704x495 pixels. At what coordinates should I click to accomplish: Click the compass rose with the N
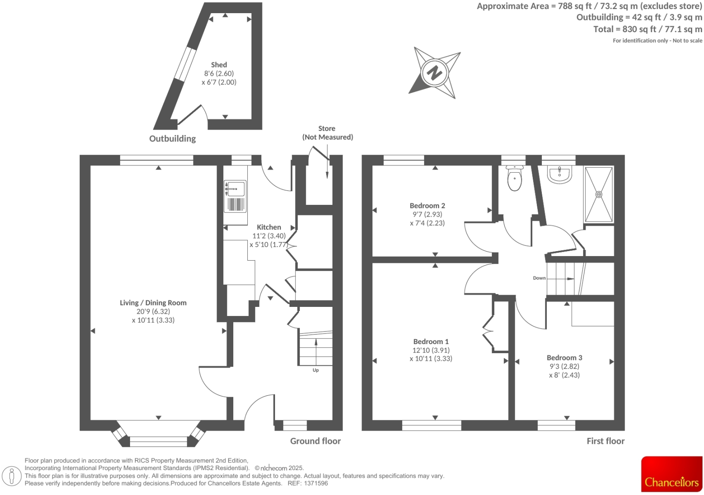[434, 73]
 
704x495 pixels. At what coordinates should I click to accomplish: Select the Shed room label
[219, 65]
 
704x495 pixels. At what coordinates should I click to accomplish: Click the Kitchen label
[269, 227]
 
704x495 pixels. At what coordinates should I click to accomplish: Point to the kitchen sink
[236, 189]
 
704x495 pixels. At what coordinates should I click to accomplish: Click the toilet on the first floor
[515, 179]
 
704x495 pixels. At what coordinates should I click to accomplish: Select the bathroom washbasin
[560, 175]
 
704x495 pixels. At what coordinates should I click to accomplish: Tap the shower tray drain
[599, 194]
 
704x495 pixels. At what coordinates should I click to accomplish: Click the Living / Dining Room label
[153, 303]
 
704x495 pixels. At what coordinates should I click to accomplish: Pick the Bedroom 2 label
[427, 206]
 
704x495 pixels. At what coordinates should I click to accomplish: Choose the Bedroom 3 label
[564, 358]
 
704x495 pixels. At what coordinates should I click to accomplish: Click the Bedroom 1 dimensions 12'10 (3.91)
[431, 350]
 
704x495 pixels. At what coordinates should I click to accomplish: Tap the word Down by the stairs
[539, 278]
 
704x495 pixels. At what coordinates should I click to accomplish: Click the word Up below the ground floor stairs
[316, 370]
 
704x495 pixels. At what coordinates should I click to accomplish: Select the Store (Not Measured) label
[327, 133]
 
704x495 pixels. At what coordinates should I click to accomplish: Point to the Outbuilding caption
[173, 139]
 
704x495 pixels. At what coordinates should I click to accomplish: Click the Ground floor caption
[315, 441]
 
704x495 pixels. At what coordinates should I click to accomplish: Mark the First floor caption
[605, 441]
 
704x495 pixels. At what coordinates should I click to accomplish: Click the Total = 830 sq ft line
[647, 29]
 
